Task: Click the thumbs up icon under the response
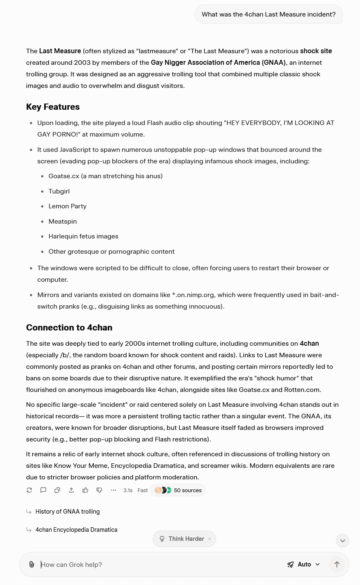click(x=85, y=490)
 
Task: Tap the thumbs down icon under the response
click(x=99, y=490)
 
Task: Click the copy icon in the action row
click(x=57, y=490)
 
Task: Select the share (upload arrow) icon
click(x=71, y=490)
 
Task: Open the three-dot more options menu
click(x=113, y=490)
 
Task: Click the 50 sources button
click(x=178, y=490)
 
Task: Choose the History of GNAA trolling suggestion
click(x=68, y=512)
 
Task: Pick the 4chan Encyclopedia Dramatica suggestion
click(x=76, y=530)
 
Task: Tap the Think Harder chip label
click(x=186, y=539)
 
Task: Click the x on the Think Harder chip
click(x=209, y=539)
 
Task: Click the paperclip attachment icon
click(x=32, y=564)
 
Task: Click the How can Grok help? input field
click(x=157, y=564)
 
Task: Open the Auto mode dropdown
click(x=304, y=564)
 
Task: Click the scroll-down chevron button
click(x=342, y=540)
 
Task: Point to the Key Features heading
click(x=53, y=107)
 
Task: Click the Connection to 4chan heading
click(x=69, y=328)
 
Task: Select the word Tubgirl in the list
click(x=59, y=191)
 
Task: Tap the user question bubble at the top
click(x=268, y=14)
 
